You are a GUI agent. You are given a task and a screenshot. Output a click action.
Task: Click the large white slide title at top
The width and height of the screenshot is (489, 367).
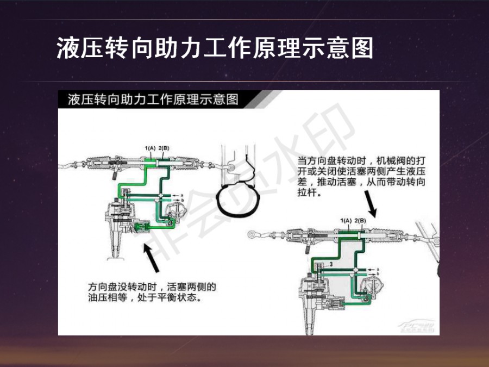coord(215,48)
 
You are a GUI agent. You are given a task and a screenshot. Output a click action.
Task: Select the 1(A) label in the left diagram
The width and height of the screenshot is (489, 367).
coord(151,147)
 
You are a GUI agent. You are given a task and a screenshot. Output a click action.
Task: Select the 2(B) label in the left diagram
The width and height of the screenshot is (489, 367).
coord(164,147)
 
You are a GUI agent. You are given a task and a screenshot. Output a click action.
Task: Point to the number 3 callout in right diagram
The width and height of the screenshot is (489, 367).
coord(330,264)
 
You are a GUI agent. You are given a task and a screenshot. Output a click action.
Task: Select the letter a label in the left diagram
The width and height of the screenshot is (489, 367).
coord(182,194)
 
